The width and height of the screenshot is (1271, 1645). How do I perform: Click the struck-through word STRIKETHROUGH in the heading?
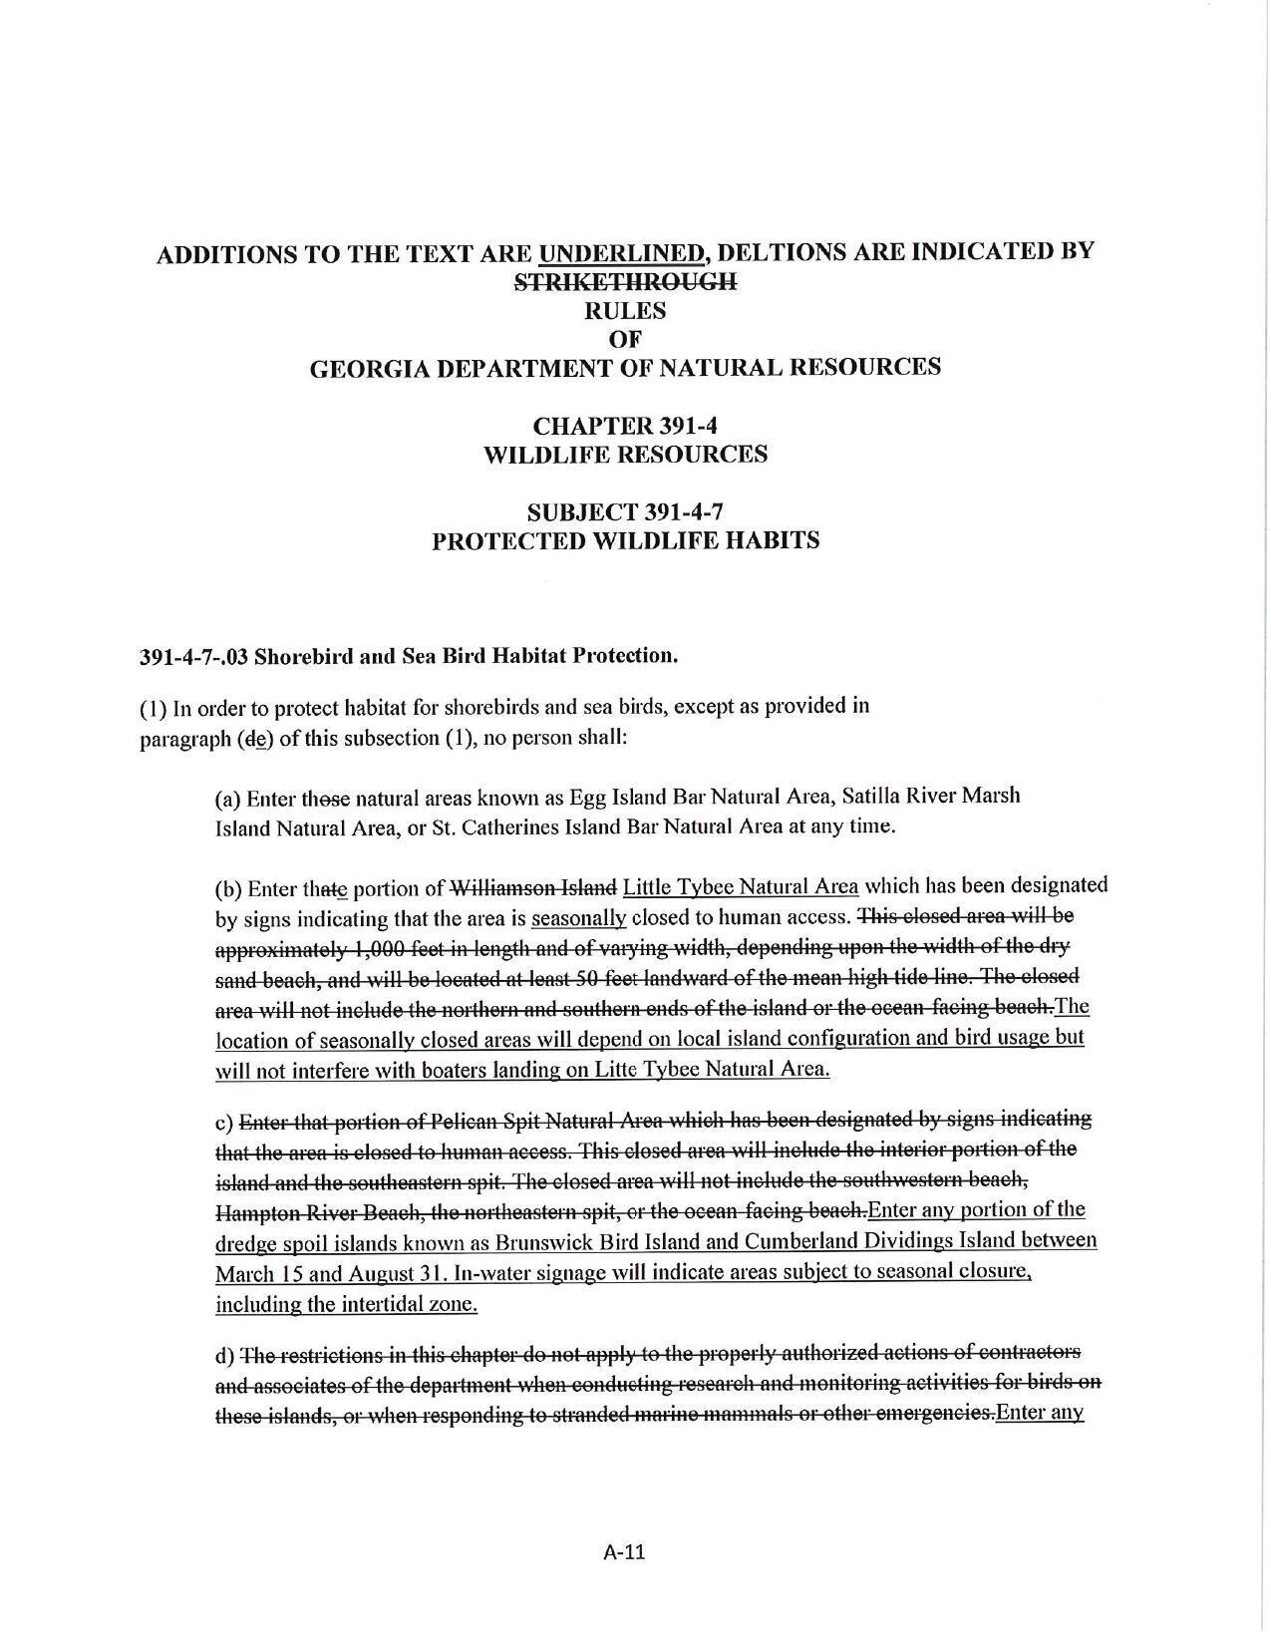(625, 282)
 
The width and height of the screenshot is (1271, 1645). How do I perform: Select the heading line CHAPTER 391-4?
(625, 426)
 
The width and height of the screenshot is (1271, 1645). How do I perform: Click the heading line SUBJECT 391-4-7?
(625, 512)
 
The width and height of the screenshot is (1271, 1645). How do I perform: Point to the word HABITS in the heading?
(774, 541)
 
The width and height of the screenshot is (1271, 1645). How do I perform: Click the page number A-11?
(625, 1551)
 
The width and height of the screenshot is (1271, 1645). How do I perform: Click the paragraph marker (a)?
(227, 798)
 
